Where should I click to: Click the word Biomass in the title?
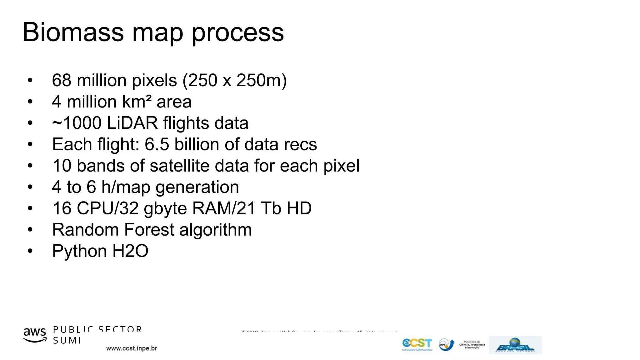coord(73,32)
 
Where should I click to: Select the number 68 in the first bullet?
coord(62,80)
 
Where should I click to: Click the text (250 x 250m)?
coord(234,81)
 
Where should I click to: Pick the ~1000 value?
coord(76,123)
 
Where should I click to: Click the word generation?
coord(197,187)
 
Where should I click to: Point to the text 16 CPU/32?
coord(95,208)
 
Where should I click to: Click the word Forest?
coord(149,230)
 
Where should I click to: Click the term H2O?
coord(130,251)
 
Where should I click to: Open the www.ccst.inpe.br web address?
coord(132,348)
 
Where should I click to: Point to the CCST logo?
coord(417,344)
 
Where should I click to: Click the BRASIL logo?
coord(515,345)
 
